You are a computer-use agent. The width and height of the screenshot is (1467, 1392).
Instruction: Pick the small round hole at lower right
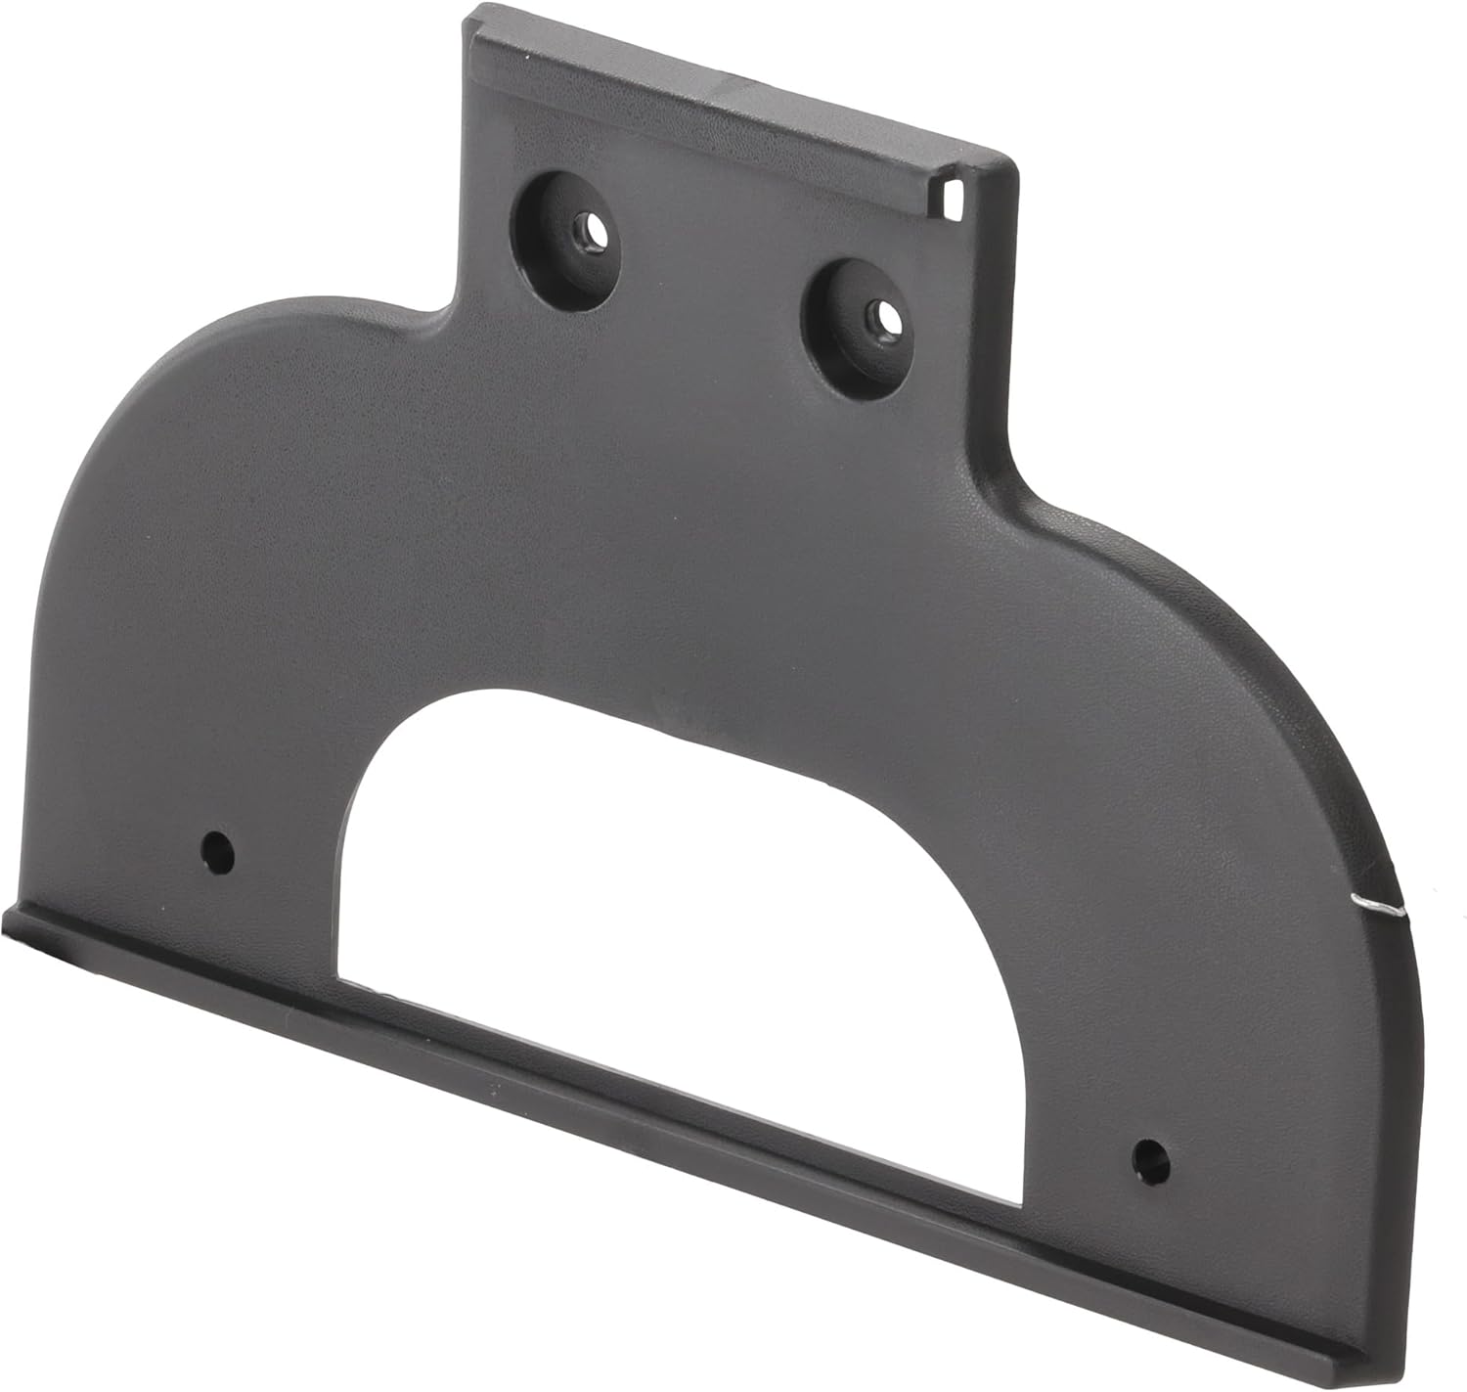coord(1146,1157)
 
